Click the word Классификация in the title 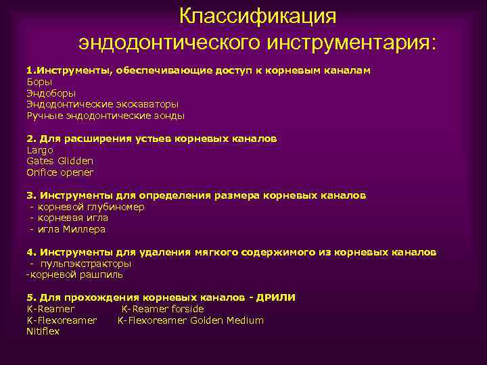click(258, 16)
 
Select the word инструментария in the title click(351, 43)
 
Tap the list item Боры click(39, 82)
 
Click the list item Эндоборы click(51, 93)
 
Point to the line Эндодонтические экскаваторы click(102, 105)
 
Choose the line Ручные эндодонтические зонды click(105, 116)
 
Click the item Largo click(40, 150)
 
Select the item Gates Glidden click(60, 161)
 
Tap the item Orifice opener click(60, 172)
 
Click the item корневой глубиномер click(91, 207)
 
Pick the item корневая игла click(73, 218)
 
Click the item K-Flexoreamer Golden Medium click(191, 320)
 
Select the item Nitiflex click(43, 331)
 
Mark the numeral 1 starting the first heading click(29, 70)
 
